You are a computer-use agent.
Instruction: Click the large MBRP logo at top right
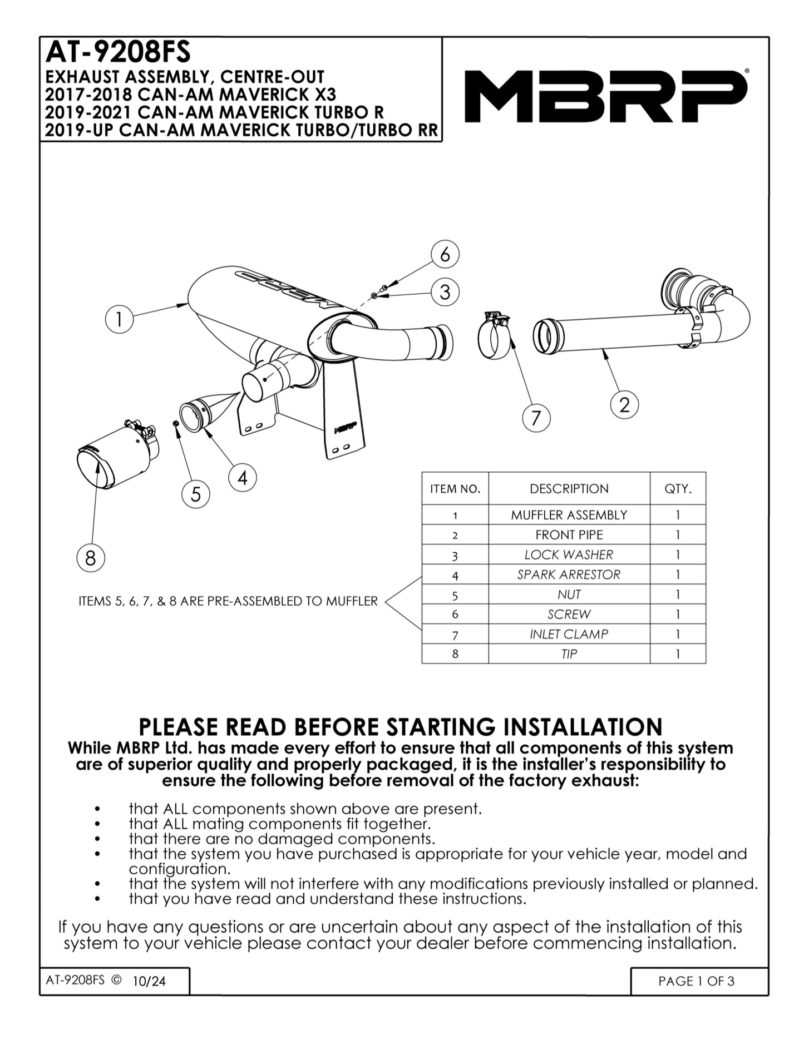tap(605, 96)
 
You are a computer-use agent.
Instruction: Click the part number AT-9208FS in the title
tap(118, 52)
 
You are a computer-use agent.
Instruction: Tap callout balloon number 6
tap(445, 255)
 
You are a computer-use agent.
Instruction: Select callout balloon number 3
tap(445, 292)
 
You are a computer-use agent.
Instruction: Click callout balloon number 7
tap(536, 418)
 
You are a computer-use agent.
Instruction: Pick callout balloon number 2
tap(624, 404)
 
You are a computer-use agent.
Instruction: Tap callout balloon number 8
tap(91, 557)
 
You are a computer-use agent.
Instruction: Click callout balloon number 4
tap(243, 478)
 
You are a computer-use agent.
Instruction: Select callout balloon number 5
tap(196, 494)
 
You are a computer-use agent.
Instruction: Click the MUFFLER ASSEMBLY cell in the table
tap(569, 515)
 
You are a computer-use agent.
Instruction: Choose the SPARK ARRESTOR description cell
tap(569, 575)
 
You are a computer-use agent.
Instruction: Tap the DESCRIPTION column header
tap(569, 489)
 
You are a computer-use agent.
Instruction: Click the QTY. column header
tap(677, 489)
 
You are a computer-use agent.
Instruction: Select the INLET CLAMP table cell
tap(569, 634)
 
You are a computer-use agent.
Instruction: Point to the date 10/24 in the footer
tap(149, 982)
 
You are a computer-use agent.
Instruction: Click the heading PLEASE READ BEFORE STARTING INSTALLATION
tap(401, 727)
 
